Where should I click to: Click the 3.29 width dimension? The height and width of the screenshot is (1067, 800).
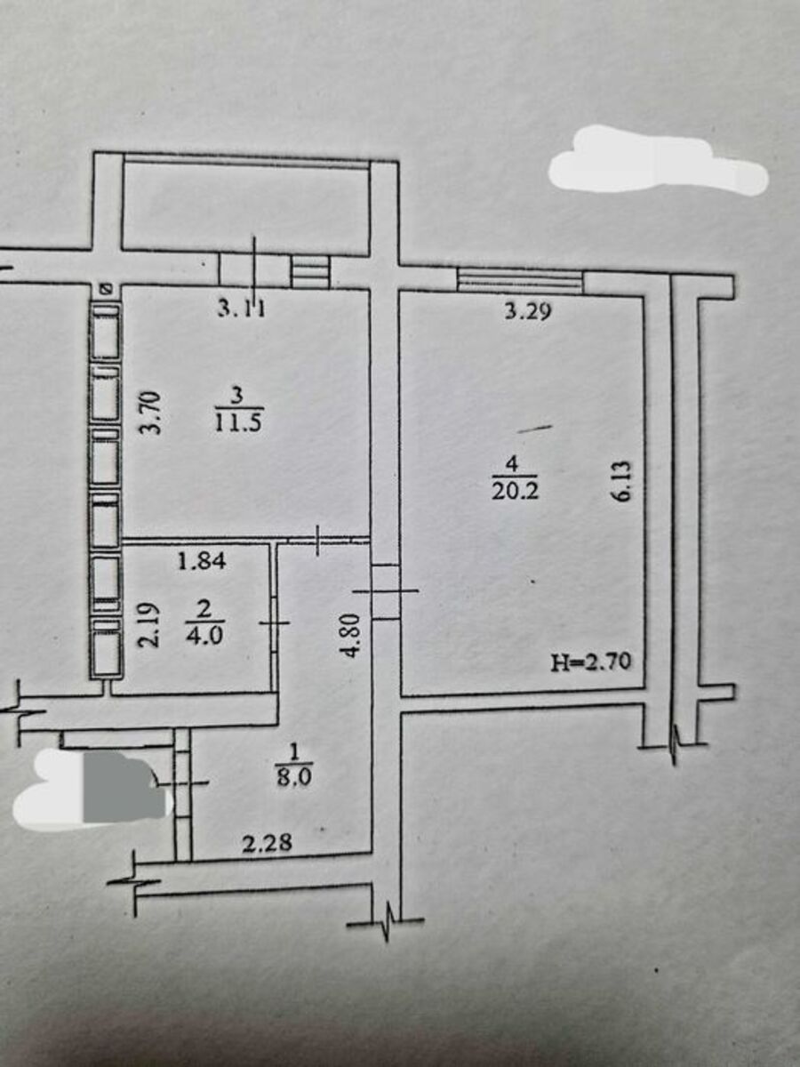tap(528, 311)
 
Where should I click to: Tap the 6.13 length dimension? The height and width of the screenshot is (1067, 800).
tap(624, 480)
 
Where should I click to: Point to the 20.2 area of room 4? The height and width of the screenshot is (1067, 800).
tap(515, 492)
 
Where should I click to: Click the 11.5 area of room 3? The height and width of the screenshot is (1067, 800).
tap(238, 422)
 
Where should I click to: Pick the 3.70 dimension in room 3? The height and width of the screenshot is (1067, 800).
tap(149, 413)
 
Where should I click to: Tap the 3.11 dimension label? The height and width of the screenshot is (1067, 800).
tap(242, 309)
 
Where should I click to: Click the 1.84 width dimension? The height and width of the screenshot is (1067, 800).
tap(202, 562)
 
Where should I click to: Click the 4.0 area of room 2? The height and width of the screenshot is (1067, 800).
tap(205, 636)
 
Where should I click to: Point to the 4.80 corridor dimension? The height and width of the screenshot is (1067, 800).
tap(352, 635)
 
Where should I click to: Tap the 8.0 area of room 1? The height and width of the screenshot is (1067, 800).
tap(294, 778)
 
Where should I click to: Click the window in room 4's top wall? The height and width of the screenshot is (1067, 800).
tap(520, 282)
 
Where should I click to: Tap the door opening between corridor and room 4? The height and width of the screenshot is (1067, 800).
tap(386, 591)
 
